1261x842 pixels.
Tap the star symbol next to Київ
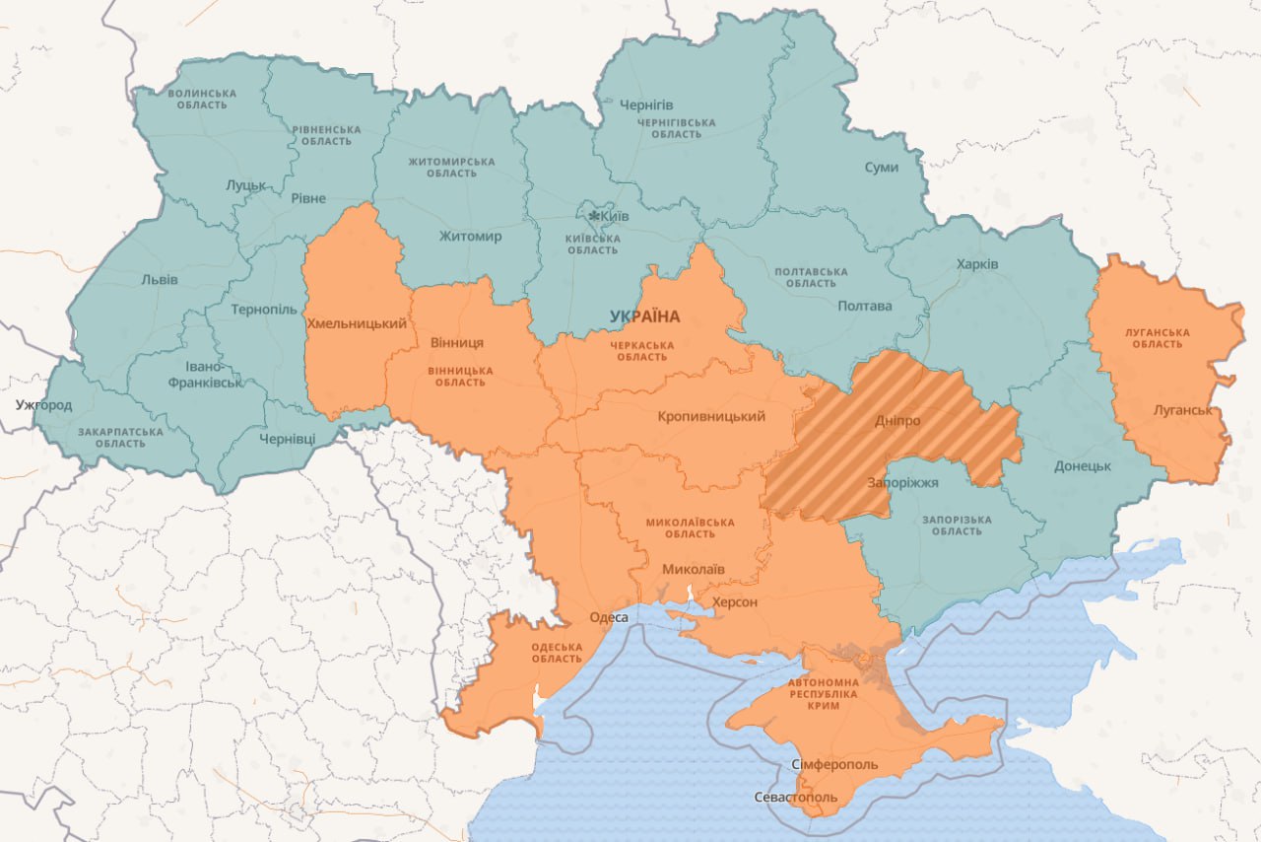594,216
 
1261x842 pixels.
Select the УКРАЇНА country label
645,316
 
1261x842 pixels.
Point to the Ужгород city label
43,405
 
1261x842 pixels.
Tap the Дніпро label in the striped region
896,421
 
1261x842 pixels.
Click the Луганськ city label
1182,409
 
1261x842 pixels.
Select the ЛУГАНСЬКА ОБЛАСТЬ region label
1157,338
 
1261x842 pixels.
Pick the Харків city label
976,264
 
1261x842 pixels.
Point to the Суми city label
881,168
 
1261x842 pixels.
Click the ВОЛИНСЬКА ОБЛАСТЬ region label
202,99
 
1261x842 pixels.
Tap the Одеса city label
608,617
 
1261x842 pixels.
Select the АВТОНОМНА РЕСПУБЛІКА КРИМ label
823,694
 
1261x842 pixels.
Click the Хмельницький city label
357,323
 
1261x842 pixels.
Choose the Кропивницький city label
710,416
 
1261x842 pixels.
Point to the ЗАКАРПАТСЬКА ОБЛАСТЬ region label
121,437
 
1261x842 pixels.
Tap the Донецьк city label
1083,465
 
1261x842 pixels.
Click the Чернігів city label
646,105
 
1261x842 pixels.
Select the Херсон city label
735,601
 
